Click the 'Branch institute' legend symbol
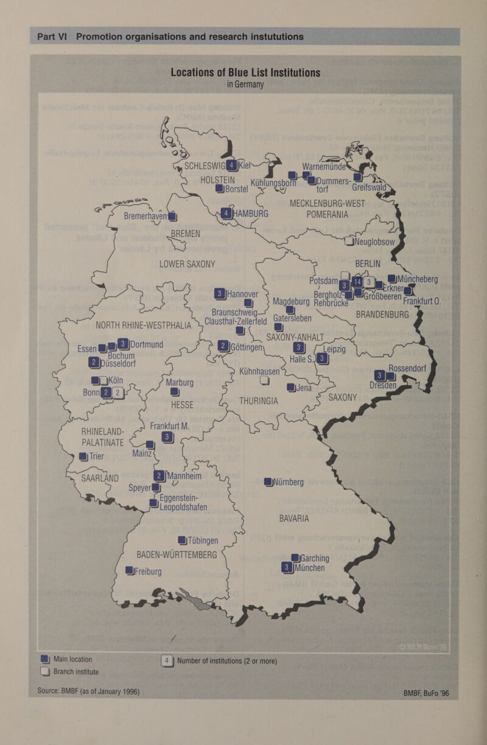point(44,671)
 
